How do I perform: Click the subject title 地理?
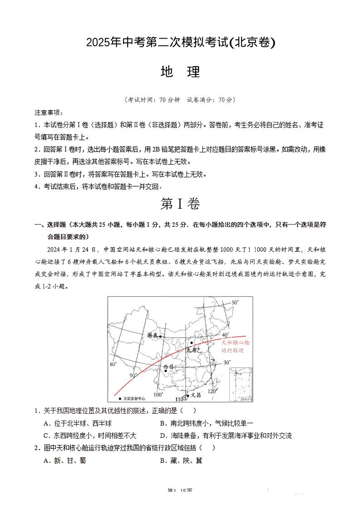coord(180,72)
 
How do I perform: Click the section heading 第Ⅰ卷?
coord(180,204)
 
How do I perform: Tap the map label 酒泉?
coord(152,335)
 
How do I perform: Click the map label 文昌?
coord(196,395)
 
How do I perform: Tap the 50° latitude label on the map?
coord(235,302)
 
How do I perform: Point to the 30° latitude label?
coord(227,362)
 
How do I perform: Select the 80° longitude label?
coord(113,364)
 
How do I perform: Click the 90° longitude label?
coord(133,375)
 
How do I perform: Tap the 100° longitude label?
coord(158,395)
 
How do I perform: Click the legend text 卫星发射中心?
coord(134,398)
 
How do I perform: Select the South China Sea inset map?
coord(240,385)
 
